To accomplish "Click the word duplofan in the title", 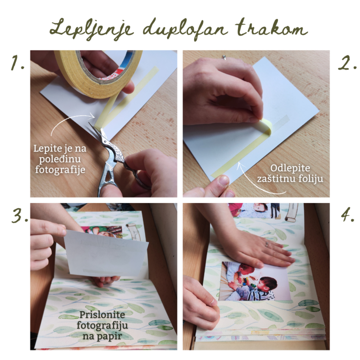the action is (185, 30).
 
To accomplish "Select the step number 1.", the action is (18, 63).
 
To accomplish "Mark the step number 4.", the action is (347, 215).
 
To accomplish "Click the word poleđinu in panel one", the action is (60, 159).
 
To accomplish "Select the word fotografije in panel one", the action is (60, 170).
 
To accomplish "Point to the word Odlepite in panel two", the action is (290, 168).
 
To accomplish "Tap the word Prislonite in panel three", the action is (102, 314).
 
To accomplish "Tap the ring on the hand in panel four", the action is (266, 244).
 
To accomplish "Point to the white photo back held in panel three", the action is (106, 252).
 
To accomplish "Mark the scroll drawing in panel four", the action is (292, 212).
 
